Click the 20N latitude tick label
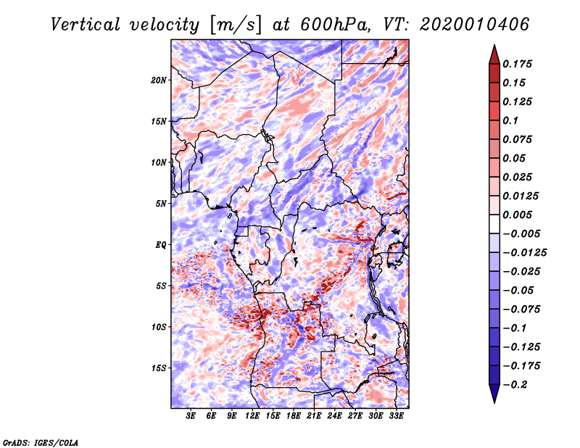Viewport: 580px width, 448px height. point(159,80)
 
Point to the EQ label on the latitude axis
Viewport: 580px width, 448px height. point(160,245)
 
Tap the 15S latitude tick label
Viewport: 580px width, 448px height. point(159,368)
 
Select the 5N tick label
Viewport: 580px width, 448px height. point(161,204)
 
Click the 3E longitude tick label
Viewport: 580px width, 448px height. point(191,415)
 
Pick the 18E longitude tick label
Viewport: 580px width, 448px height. point(294,415)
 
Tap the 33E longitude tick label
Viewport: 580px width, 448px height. point(396,415)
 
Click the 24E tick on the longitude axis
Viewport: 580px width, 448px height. point(334,415)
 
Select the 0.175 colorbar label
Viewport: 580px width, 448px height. point(517,64)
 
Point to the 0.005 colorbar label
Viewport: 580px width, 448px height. point(517,215)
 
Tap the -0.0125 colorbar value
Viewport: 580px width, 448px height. point(524,253)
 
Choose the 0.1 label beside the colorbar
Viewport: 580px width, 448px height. point(510,120)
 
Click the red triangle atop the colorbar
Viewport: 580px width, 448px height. point(494,55)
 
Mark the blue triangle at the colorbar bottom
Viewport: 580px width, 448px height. point(494,394)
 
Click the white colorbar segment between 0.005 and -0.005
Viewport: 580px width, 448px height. point(494,224)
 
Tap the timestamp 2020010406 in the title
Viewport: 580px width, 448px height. point(474,25)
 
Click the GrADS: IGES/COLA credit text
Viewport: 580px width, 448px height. point(41,443)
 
